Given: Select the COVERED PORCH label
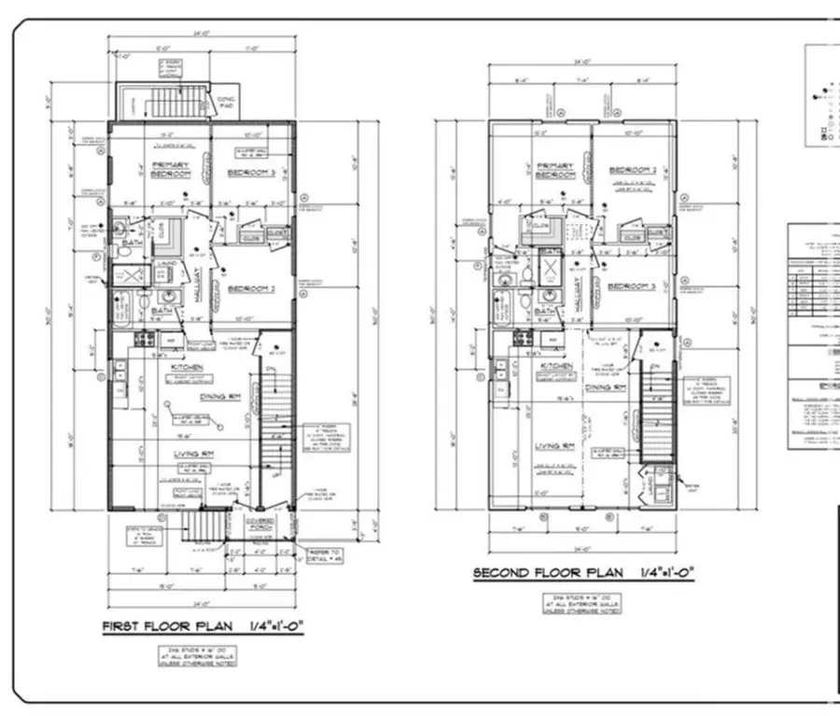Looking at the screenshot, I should click(259, 524).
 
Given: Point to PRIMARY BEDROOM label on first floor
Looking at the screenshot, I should click(172, 170).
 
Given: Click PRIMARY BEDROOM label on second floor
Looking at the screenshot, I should click(553, 171).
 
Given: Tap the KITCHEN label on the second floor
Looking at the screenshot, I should click(555, 367).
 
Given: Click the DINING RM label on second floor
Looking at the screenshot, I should click(604, 386).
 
